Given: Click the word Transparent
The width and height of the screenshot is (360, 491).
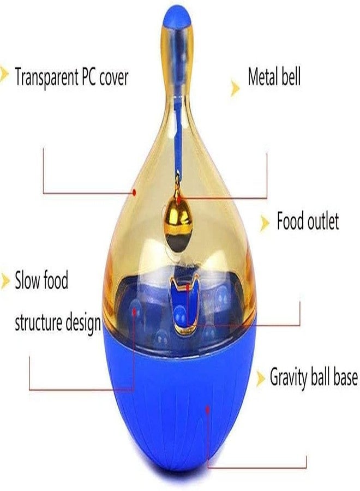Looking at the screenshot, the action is [x=47, y=76].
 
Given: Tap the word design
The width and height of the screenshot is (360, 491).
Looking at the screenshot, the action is [x=83, y=323].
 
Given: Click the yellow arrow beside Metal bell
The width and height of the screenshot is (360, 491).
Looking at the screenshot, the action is [x=235, y=88].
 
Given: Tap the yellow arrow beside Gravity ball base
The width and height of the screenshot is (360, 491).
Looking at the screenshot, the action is [x=261, y=379].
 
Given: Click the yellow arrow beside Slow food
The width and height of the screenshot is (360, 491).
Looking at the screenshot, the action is [x=5, y=280].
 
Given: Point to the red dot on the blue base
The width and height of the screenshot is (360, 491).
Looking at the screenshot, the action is [x=207, y=409].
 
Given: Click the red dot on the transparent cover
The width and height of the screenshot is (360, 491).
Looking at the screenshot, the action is [x=134, y=192].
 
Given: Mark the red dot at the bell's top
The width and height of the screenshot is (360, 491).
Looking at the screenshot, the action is [x=179, y=199].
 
